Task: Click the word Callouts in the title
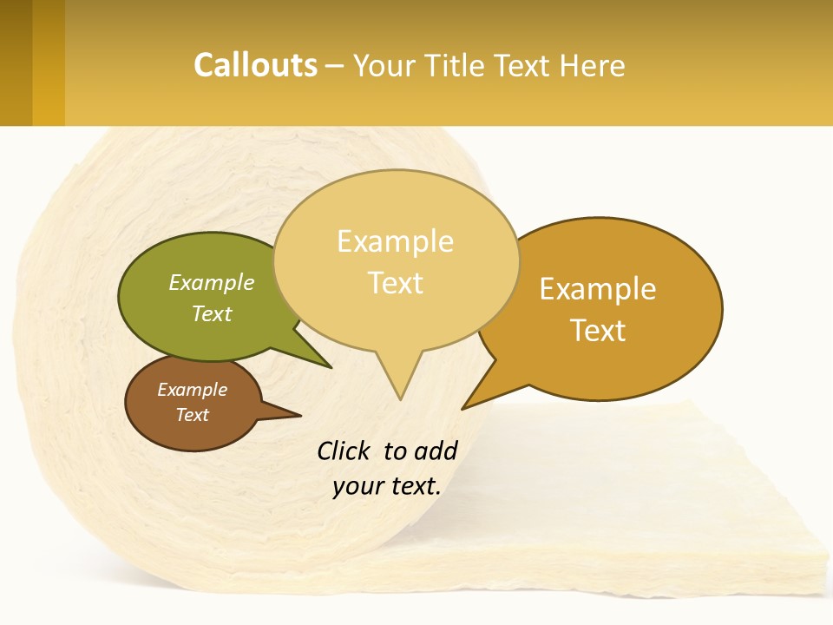coord(255,65)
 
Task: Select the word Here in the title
coord(593,65)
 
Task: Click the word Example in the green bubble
coord(212,282)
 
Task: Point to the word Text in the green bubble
coord(212,313)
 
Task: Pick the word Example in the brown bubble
coord(192,390)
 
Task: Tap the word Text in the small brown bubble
coord(192,415)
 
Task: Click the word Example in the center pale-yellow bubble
coord(395,240)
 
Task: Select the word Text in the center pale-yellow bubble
coord(395,283)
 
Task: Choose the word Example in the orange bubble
coord(598,288)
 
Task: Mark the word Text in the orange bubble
coord(598,330)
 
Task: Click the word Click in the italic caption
coord(344,451)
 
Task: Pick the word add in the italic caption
coord(436,451)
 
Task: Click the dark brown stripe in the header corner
coord(16,62)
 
